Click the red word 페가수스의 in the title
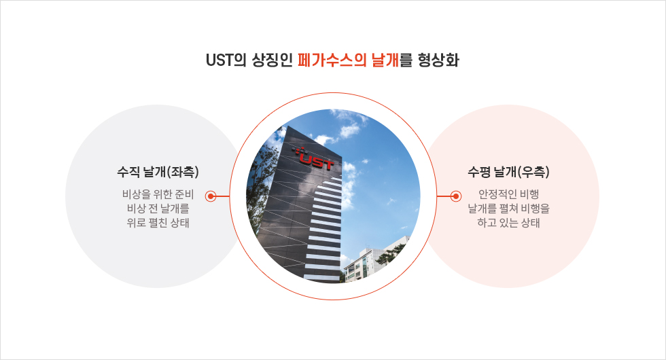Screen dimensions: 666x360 point(332,60)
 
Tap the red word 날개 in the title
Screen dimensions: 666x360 point(385,60)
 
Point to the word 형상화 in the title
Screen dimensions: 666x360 point(438,60)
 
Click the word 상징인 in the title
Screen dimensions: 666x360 point(273,60)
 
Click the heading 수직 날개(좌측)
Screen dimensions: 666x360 point(158,172)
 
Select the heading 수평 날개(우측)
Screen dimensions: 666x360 point(508,172)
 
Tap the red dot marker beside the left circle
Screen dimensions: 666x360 point(211,196)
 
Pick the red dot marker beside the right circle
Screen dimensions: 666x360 point(456,196)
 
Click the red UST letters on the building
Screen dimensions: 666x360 point(317,162)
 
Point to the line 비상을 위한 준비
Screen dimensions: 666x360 point(158,194)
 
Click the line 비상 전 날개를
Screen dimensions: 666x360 point(158,209)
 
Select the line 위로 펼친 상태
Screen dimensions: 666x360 point(158,223)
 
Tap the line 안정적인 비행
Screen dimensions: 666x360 point(509,194)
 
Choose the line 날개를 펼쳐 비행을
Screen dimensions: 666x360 point(509,209)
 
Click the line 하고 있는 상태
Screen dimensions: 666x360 point(509,223)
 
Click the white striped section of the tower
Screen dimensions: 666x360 point(325,230)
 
